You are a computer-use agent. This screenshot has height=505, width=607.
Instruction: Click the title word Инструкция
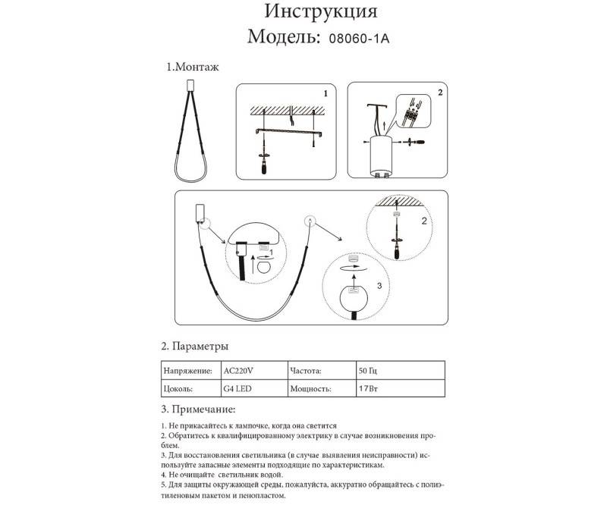point(320,12)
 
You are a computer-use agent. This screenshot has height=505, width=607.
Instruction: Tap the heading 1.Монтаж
point(193,67)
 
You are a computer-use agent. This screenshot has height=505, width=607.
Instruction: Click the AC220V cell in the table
point(241,372)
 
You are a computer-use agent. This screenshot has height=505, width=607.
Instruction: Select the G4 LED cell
point(239,389)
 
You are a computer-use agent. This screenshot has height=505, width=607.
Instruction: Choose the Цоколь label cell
point(180,389)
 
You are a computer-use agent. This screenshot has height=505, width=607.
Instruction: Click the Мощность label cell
point(310,389)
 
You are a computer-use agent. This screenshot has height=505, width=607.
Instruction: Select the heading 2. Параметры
point(196,347)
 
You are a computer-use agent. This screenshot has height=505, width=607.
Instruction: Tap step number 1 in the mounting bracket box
point(326,94)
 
